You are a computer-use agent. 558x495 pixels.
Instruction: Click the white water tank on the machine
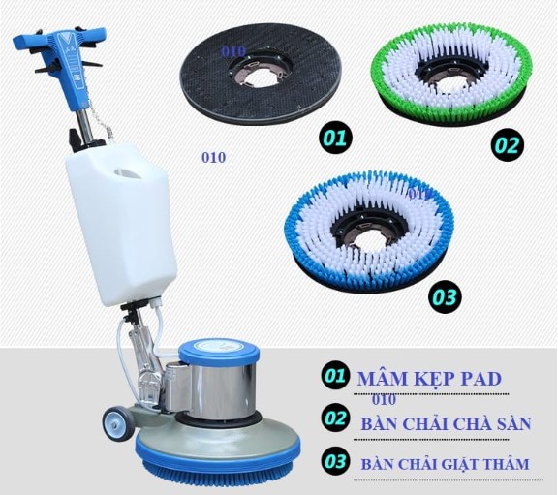click(x=121, y=224)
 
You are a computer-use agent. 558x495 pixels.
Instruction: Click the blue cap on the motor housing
click(x=219, y=350)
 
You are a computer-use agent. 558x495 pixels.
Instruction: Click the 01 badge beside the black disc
click(x=335, y=139)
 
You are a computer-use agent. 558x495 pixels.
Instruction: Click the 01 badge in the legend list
click(x=335, y=376)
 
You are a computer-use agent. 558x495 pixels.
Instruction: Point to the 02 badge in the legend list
click(x=335, y=418)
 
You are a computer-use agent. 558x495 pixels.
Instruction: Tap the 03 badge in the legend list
click(x=335, y=461)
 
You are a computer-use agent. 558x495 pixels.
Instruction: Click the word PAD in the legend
click(x=481, y=380)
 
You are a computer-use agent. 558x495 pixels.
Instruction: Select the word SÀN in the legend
click(x=512, y=423)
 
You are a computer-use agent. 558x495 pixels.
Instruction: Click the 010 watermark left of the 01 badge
click(x=213, y=157)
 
